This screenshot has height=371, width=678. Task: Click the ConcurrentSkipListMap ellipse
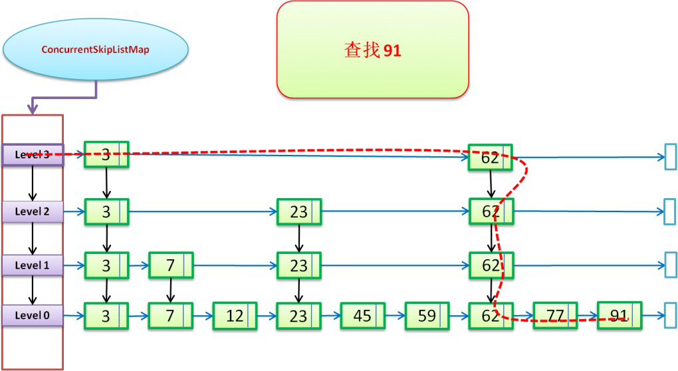click(95, 49)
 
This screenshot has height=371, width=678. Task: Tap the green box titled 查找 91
click(372, 50)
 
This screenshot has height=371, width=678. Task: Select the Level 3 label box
click(33, 155)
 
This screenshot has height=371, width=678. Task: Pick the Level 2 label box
click(33, 211)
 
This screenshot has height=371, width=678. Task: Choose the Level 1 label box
click(33, 265)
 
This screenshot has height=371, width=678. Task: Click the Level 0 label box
click(33, 315)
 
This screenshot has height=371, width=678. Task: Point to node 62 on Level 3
click(490, 158)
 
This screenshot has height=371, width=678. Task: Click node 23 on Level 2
click(298, 212)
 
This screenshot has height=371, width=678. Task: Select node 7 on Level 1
click(170, 265)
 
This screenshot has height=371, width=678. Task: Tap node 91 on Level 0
click(619, 316)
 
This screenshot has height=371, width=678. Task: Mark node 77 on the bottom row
click(554, 316)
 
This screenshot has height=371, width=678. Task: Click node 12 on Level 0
click(235, 316)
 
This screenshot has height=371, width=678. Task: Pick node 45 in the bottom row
click(362, 316)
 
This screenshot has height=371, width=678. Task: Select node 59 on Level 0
click(427, 316)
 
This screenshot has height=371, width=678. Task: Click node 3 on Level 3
click(106, 156)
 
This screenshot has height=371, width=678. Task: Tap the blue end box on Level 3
click(670, 158)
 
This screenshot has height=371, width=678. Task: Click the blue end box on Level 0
click(670, 316)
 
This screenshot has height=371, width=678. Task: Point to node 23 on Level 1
click(298, 265)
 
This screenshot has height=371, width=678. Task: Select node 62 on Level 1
click(490, 265)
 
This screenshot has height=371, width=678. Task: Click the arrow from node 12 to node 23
click(267, 316)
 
